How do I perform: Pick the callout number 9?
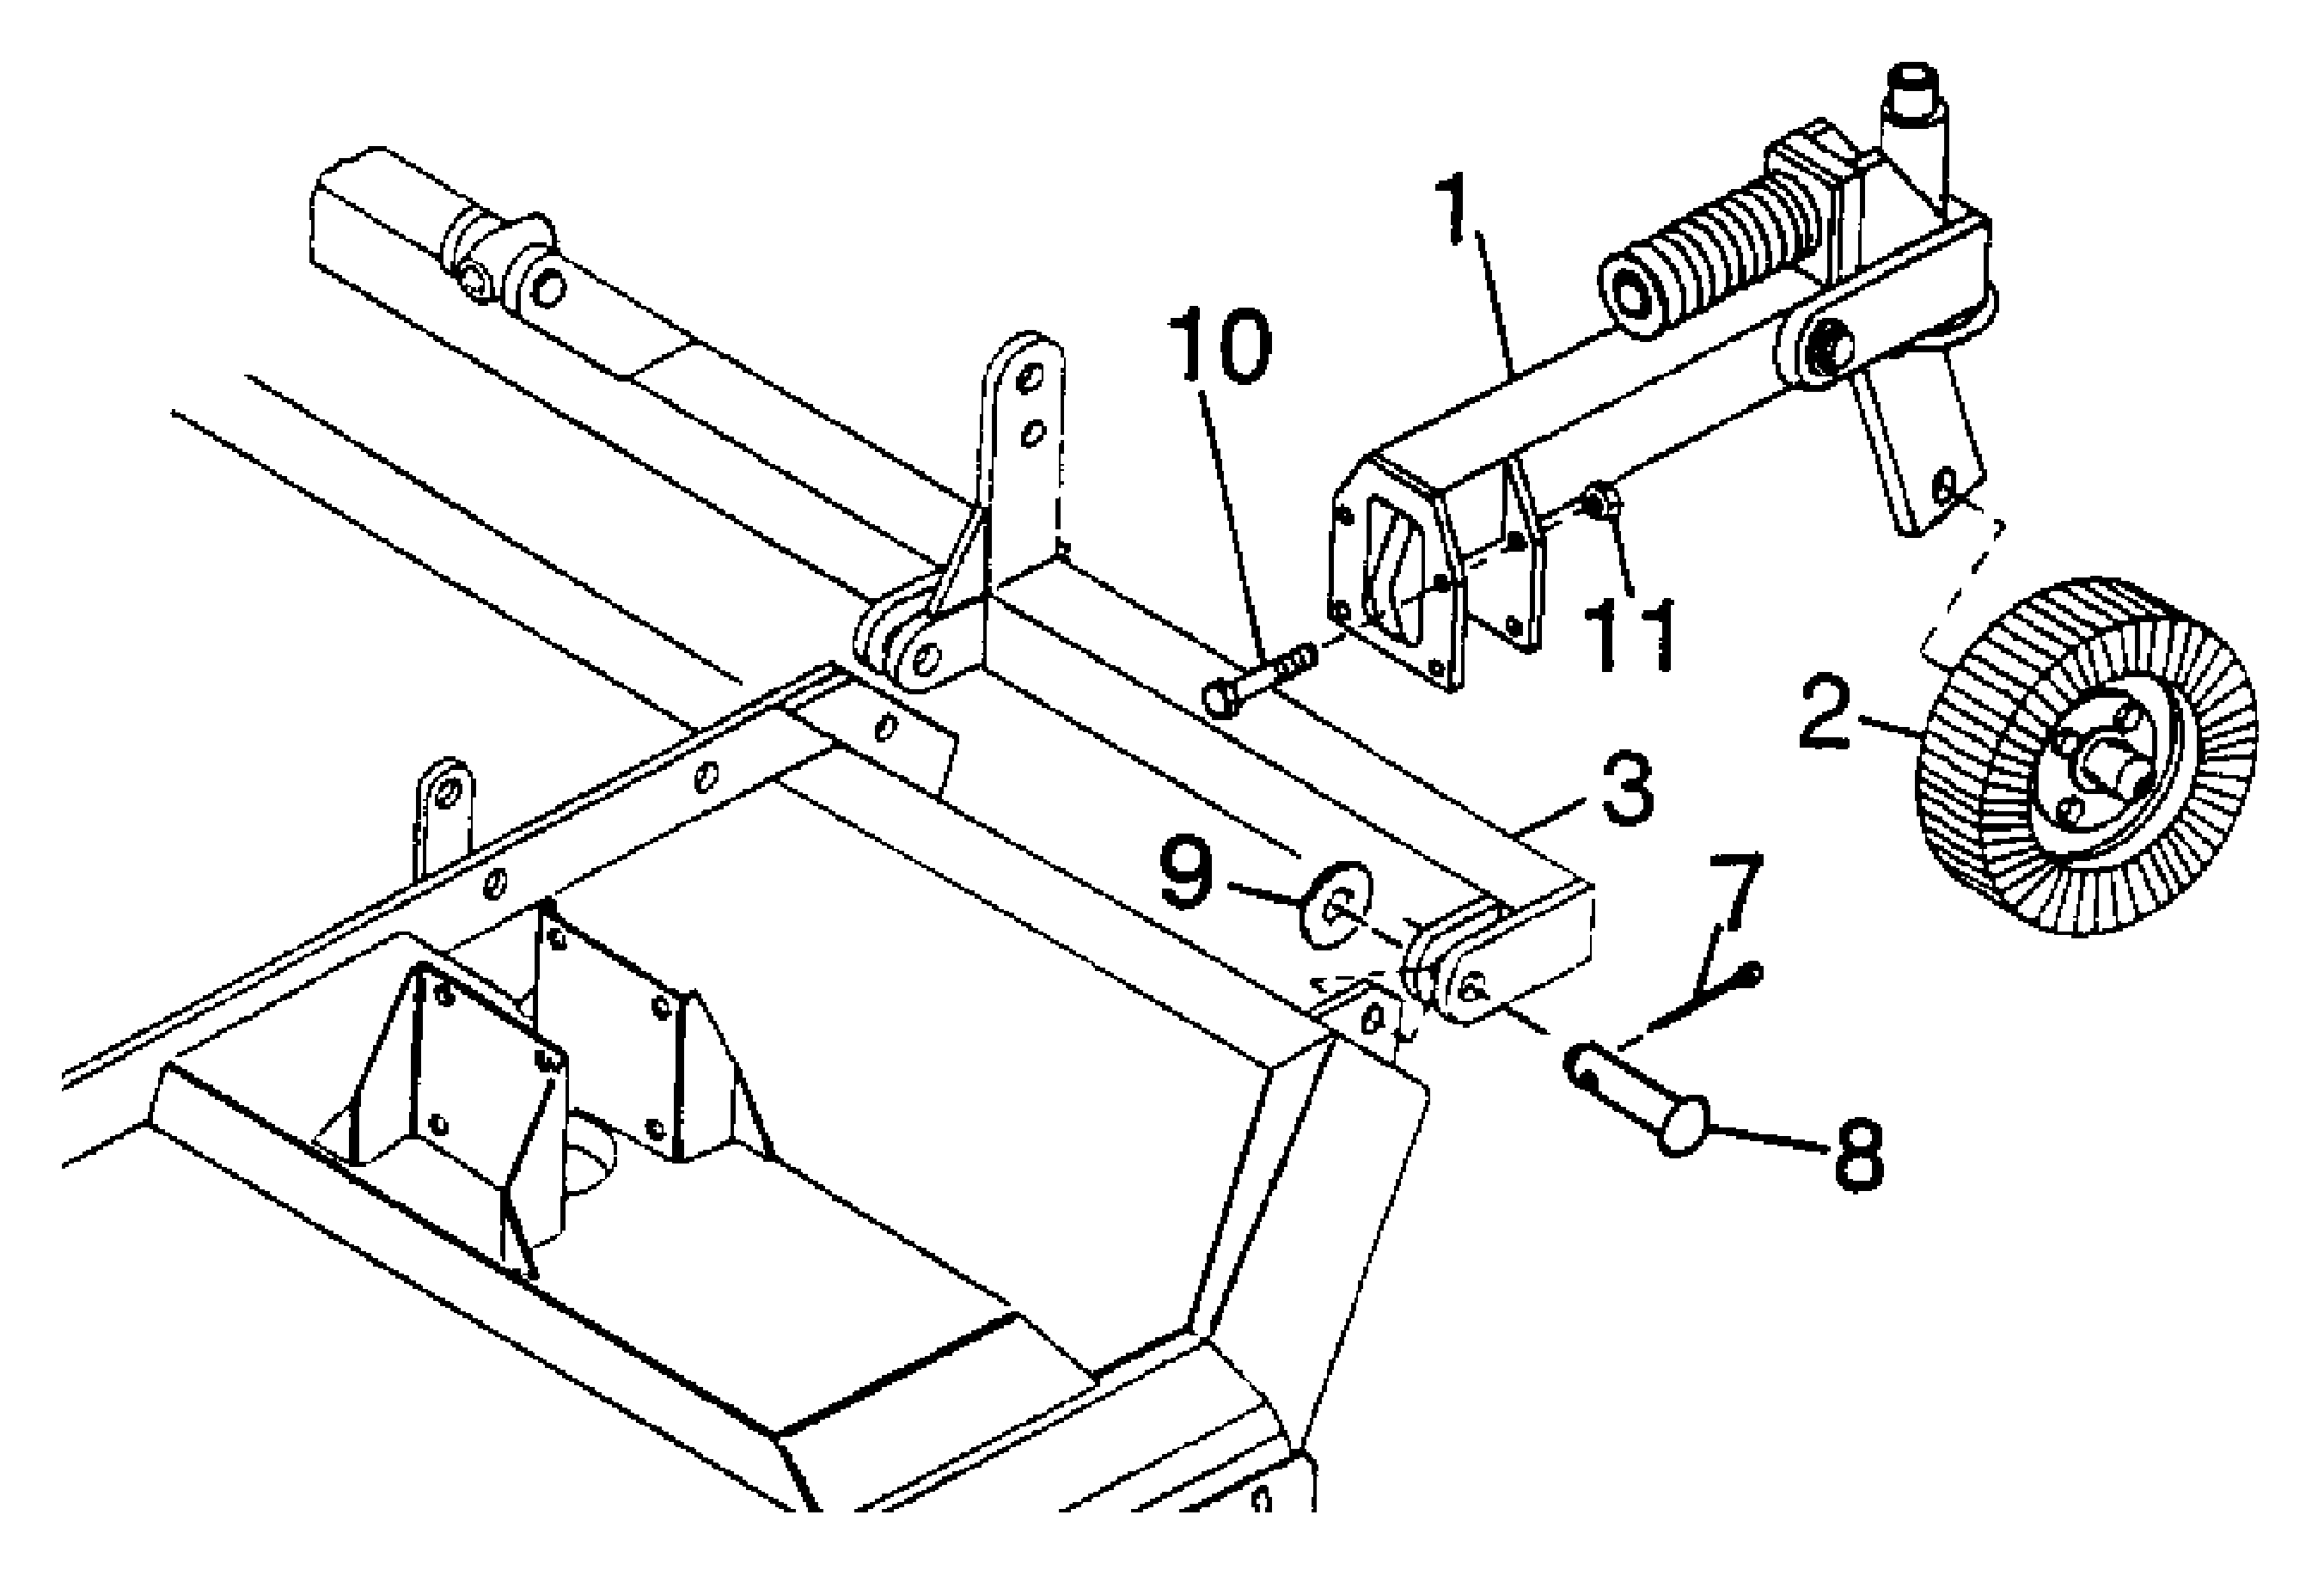(x=1186, y=872)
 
